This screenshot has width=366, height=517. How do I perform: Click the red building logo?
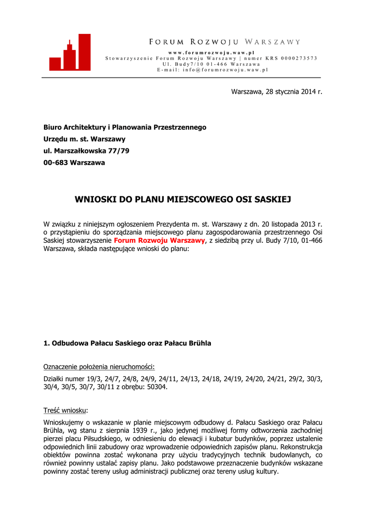point(70,53)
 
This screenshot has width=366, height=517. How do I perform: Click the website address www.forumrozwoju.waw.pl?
point(211,53)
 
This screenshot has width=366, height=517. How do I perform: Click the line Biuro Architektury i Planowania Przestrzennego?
point(125,127)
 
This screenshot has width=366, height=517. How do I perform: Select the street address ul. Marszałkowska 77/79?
point(86,151)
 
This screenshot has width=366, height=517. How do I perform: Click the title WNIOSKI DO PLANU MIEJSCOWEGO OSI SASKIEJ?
point(183,199)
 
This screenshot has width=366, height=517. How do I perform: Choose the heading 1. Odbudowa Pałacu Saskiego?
point(127,343)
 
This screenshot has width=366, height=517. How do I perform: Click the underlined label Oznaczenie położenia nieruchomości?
point(99,367)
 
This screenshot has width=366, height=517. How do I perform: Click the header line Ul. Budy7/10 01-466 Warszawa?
point(211,64)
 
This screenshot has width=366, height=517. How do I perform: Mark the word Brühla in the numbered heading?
point(198,343)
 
